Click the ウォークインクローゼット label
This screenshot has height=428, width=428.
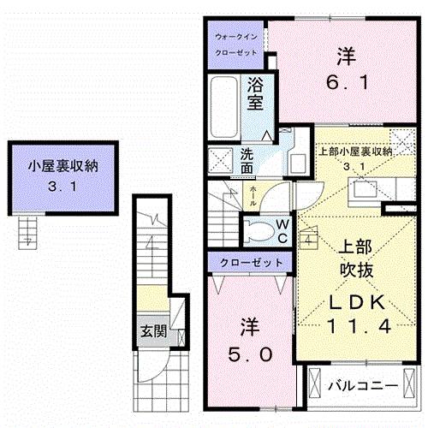click(235, 45)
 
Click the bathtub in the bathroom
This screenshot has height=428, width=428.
click(226, 107)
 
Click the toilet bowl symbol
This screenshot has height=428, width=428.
click(258, 229)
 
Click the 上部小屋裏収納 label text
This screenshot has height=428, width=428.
click(355, 152)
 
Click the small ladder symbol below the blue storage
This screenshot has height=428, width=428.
click(28, 229)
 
